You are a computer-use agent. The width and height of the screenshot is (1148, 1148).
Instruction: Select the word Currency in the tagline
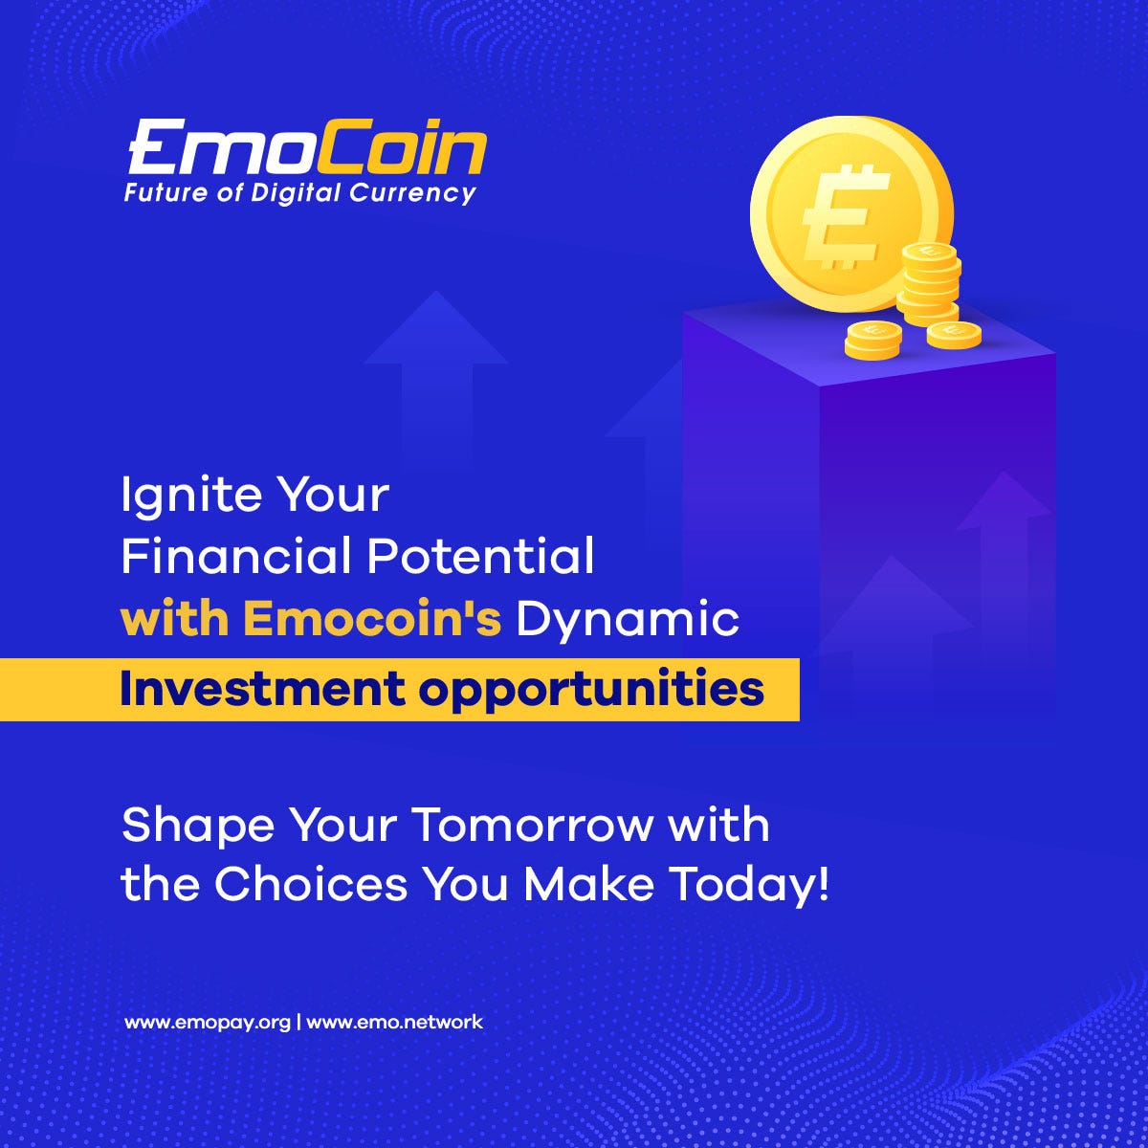(412, 193)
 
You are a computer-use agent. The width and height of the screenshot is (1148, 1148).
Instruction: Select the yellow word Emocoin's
(372, 619)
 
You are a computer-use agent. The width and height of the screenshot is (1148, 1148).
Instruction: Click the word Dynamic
(628, 621)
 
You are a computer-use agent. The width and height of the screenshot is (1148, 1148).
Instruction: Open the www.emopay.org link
(208, 1023)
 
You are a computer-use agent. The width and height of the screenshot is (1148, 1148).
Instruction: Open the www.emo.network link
(394, 1023)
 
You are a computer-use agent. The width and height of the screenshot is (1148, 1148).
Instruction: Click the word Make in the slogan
(588, 884)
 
